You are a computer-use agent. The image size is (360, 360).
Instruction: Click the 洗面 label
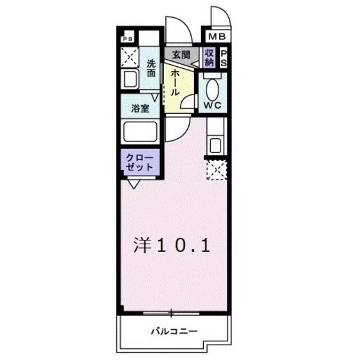(150, 68)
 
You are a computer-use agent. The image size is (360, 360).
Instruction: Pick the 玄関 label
(181, 55)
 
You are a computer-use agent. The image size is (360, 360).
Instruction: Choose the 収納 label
(210, 57)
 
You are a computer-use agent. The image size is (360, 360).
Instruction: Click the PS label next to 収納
(224, 58)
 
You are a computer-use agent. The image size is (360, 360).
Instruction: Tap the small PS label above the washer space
(128, 39)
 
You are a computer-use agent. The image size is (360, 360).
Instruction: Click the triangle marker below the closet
(132, 184)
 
